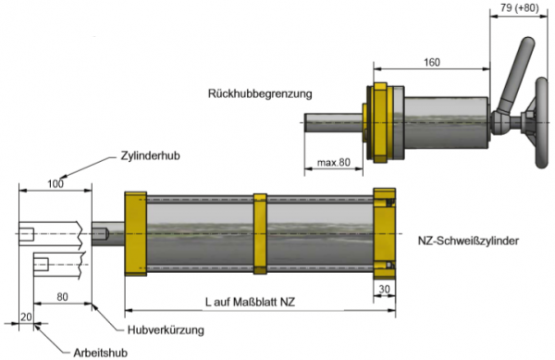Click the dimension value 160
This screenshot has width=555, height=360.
[432, 63]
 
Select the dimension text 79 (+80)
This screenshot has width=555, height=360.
[519, 7]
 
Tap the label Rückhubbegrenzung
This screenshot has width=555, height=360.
[260, 93]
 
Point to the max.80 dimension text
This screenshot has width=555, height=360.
[333, 163]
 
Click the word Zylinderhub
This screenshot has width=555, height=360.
[151, 155]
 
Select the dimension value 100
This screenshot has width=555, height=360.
[55, 184]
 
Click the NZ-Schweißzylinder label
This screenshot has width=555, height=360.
[468, 241]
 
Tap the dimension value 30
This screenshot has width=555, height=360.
[385, 290]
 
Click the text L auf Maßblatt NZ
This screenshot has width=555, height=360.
[250, 302]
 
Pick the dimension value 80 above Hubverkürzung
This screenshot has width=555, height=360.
[62, 297]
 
